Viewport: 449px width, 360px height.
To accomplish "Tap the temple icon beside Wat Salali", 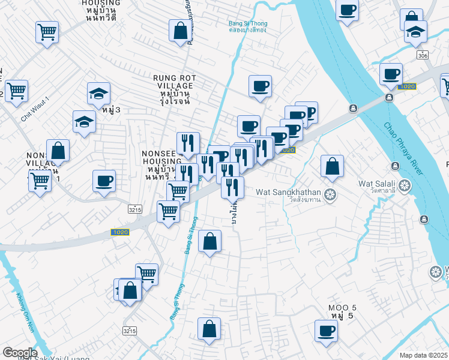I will coord(405,185).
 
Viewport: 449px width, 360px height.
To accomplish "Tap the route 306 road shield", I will coord(423,55).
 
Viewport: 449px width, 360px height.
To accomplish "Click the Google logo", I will coord(19,353).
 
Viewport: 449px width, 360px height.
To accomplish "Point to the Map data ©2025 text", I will coord(424,355).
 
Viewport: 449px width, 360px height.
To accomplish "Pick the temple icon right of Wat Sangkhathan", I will coord(330,194).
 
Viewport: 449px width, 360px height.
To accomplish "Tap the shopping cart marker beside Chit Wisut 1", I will coord(16,91).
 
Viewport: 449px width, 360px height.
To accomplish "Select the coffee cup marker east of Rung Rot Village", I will coord(260,86).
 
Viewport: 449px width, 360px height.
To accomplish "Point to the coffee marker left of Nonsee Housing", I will coord(104,181).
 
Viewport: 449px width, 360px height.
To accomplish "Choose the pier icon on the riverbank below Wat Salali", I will coord(425,218).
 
